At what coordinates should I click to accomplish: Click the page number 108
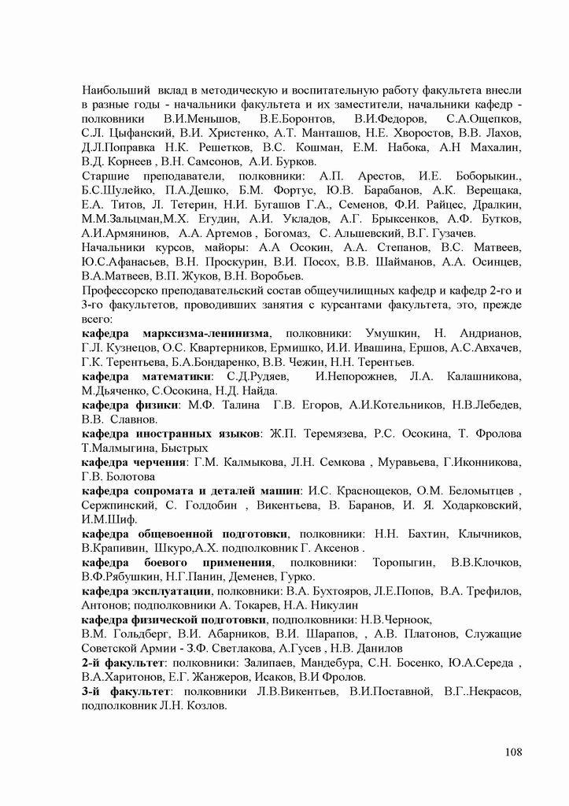click(513, 751)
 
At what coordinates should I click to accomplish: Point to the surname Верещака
click(493, 190)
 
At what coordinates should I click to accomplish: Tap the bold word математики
click(187, 376)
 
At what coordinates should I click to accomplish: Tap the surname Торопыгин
click(401, 562)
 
